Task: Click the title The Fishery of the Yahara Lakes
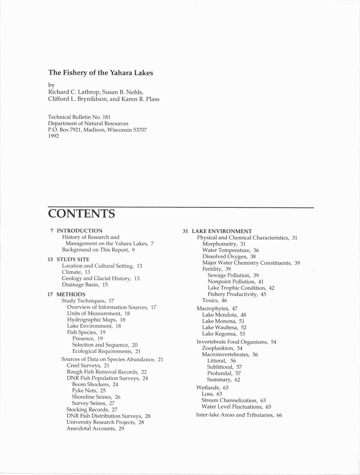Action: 100,73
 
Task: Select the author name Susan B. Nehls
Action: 123,92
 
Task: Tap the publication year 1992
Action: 53,136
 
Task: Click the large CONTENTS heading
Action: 82,214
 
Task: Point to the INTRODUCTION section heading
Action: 80,231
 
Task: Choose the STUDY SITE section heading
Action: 73,259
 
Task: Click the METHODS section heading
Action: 71,294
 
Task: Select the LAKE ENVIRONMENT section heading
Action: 222,231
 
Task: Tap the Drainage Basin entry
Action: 81,285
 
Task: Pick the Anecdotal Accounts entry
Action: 91,429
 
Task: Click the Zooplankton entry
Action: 218,348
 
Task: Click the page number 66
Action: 279,415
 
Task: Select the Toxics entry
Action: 210,300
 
